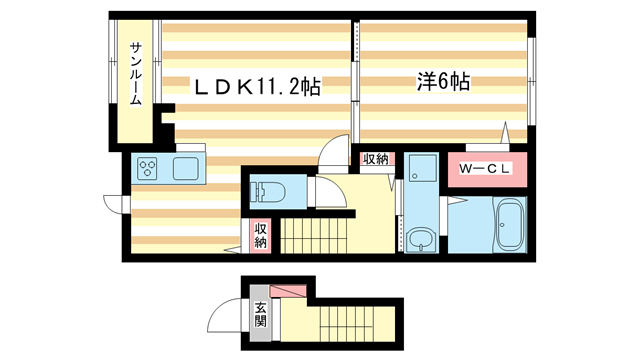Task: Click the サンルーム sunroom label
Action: (134, 75)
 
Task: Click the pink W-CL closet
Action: (486, 168)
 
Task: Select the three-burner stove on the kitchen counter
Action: (149, 168)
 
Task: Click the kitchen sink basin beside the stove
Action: (187, 168)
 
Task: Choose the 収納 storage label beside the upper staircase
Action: (260, 236)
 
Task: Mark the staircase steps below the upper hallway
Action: (316, 238)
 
